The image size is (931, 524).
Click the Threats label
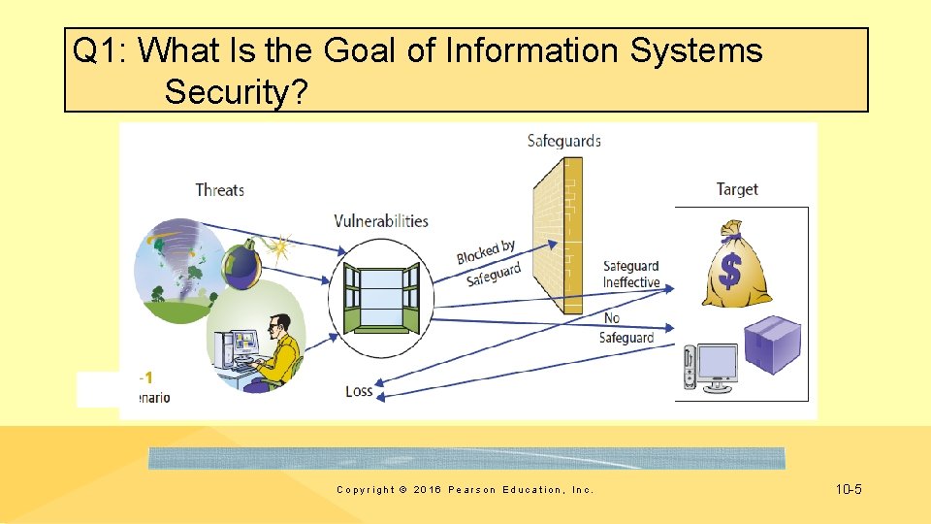coord(219,189)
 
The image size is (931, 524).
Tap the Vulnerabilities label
coord(381,221)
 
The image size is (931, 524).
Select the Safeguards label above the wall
coord(564,141)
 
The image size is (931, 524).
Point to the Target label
coord(737,189)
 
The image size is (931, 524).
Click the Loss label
coord(359,391)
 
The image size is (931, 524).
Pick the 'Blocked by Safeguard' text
coord(489,264)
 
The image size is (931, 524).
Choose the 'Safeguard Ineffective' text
coord(630,275)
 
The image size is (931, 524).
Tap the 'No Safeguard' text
coord(626,328)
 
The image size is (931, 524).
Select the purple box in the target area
coord(772,345)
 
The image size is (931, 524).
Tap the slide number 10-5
coord(848,489)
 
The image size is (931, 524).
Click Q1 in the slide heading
coord(97,50)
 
